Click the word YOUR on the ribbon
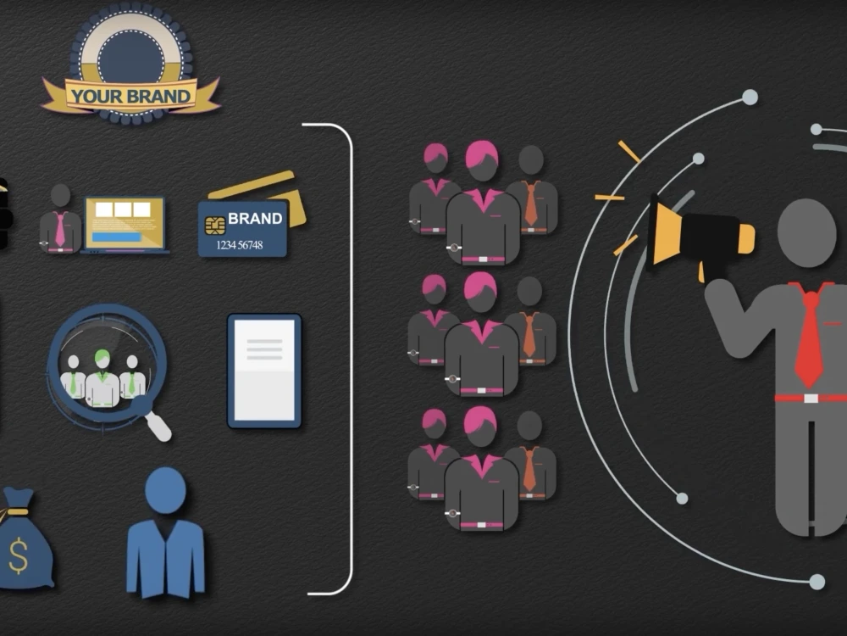click(x=95, y=97)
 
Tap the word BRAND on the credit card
click(x=255, y=219)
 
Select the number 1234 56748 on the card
click(x=240, y=245)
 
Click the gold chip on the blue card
click(x=215, y=225)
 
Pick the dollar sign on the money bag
click(x=19, y=555)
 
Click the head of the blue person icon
click(x=165, y=490)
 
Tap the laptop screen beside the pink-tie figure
click(x=125, y=223)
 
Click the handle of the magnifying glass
click(x=158, y=425)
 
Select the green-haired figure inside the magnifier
click(x=102, y=378)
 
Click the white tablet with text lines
click(x=264, y=371)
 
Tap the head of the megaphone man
click(x=806, y=232)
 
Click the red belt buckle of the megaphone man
click(x=811, y=399)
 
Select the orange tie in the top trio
click(x=531, y=204)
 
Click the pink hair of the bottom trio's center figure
click(x=481, y=420)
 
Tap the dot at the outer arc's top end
click(x=750, y=98)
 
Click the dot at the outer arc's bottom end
click(x=817, y=582)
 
